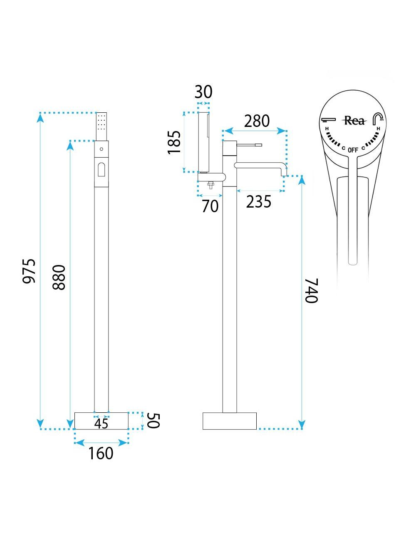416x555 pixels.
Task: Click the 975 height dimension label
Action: coord(29,271)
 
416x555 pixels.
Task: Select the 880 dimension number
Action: coord(59,277)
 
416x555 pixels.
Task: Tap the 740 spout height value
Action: coord(311,290)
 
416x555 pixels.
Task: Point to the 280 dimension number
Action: coord(257,121)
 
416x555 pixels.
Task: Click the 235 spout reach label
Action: coord(259,201)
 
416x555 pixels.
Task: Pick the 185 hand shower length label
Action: coord(174,142)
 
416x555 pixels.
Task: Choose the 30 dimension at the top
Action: coord(203,92)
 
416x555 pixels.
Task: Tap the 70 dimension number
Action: coord(210,206)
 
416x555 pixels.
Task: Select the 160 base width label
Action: coord(101,453)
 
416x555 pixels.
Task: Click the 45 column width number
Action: coord(102,424)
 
